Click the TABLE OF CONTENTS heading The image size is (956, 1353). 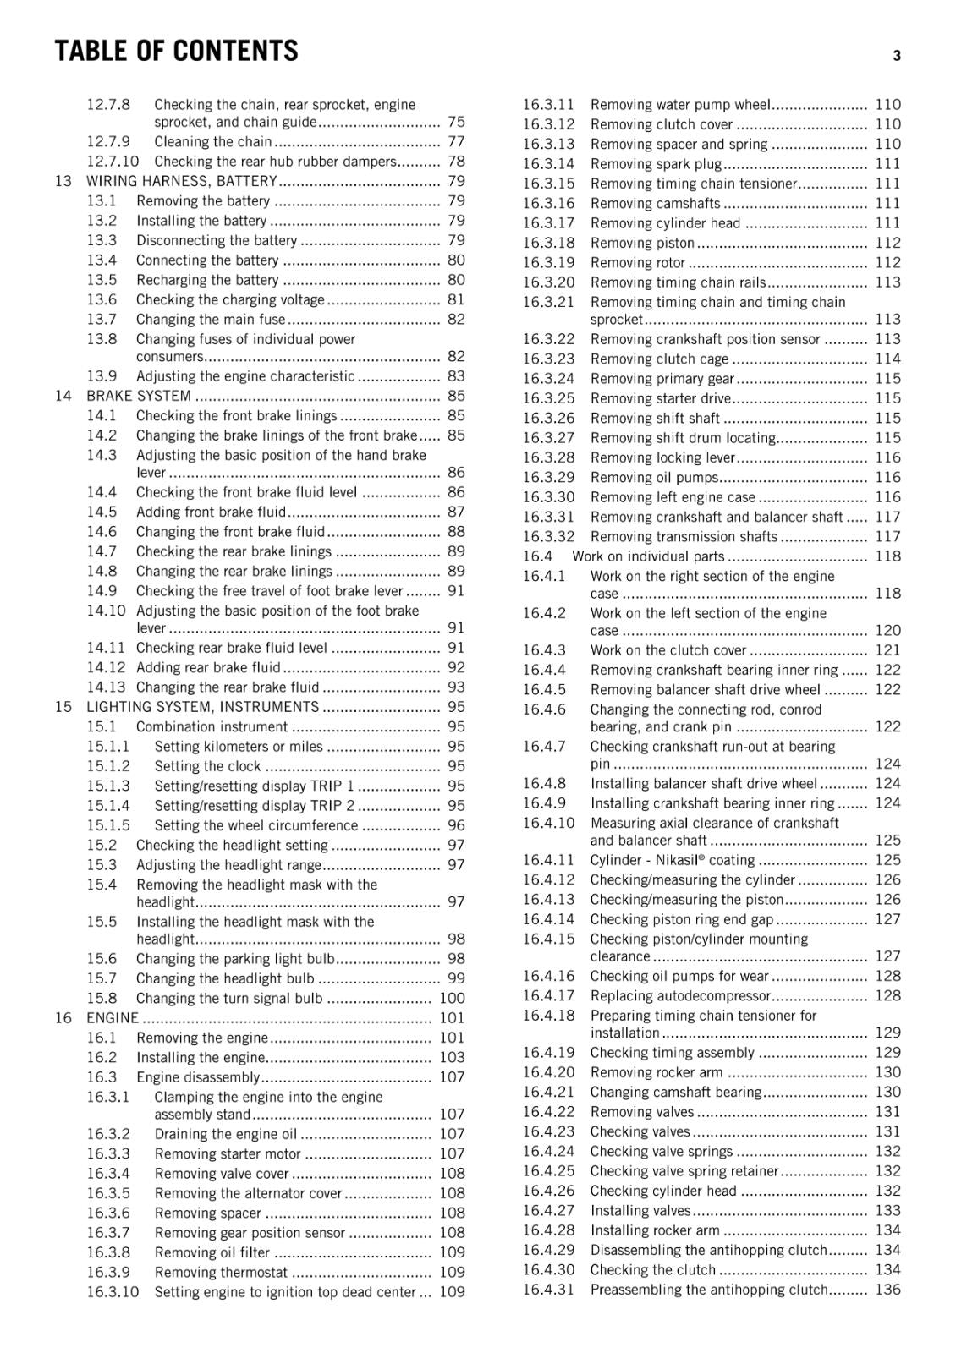tap(176, 52)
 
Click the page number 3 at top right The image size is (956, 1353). tap(896, 56)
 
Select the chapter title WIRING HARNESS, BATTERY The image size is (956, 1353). tap(181, 181)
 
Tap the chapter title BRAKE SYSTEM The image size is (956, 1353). tap(139, 396)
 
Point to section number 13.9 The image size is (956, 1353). tap(102, 376)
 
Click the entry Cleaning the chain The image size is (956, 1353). tap(213, 142)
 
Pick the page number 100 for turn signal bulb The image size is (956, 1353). tap(452, 999)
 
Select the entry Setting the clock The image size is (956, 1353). tap(207, 766)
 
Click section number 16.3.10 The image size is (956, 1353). tap(113, 1292)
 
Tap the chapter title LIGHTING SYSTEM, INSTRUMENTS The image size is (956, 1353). tap(202, 707)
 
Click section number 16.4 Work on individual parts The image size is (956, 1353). tap(537, 556)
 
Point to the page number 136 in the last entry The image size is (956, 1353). tap(887, 1290)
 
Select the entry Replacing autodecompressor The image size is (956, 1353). tap(680, 996)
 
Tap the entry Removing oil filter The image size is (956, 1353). tap(212, 1253)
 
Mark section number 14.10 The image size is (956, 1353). tap(106, 611)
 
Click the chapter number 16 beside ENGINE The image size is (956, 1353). tap(63, 1018)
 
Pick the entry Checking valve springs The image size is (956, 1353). tap(661, 1152)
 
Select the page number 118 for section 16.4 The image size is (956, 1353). tap(887, 556)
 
